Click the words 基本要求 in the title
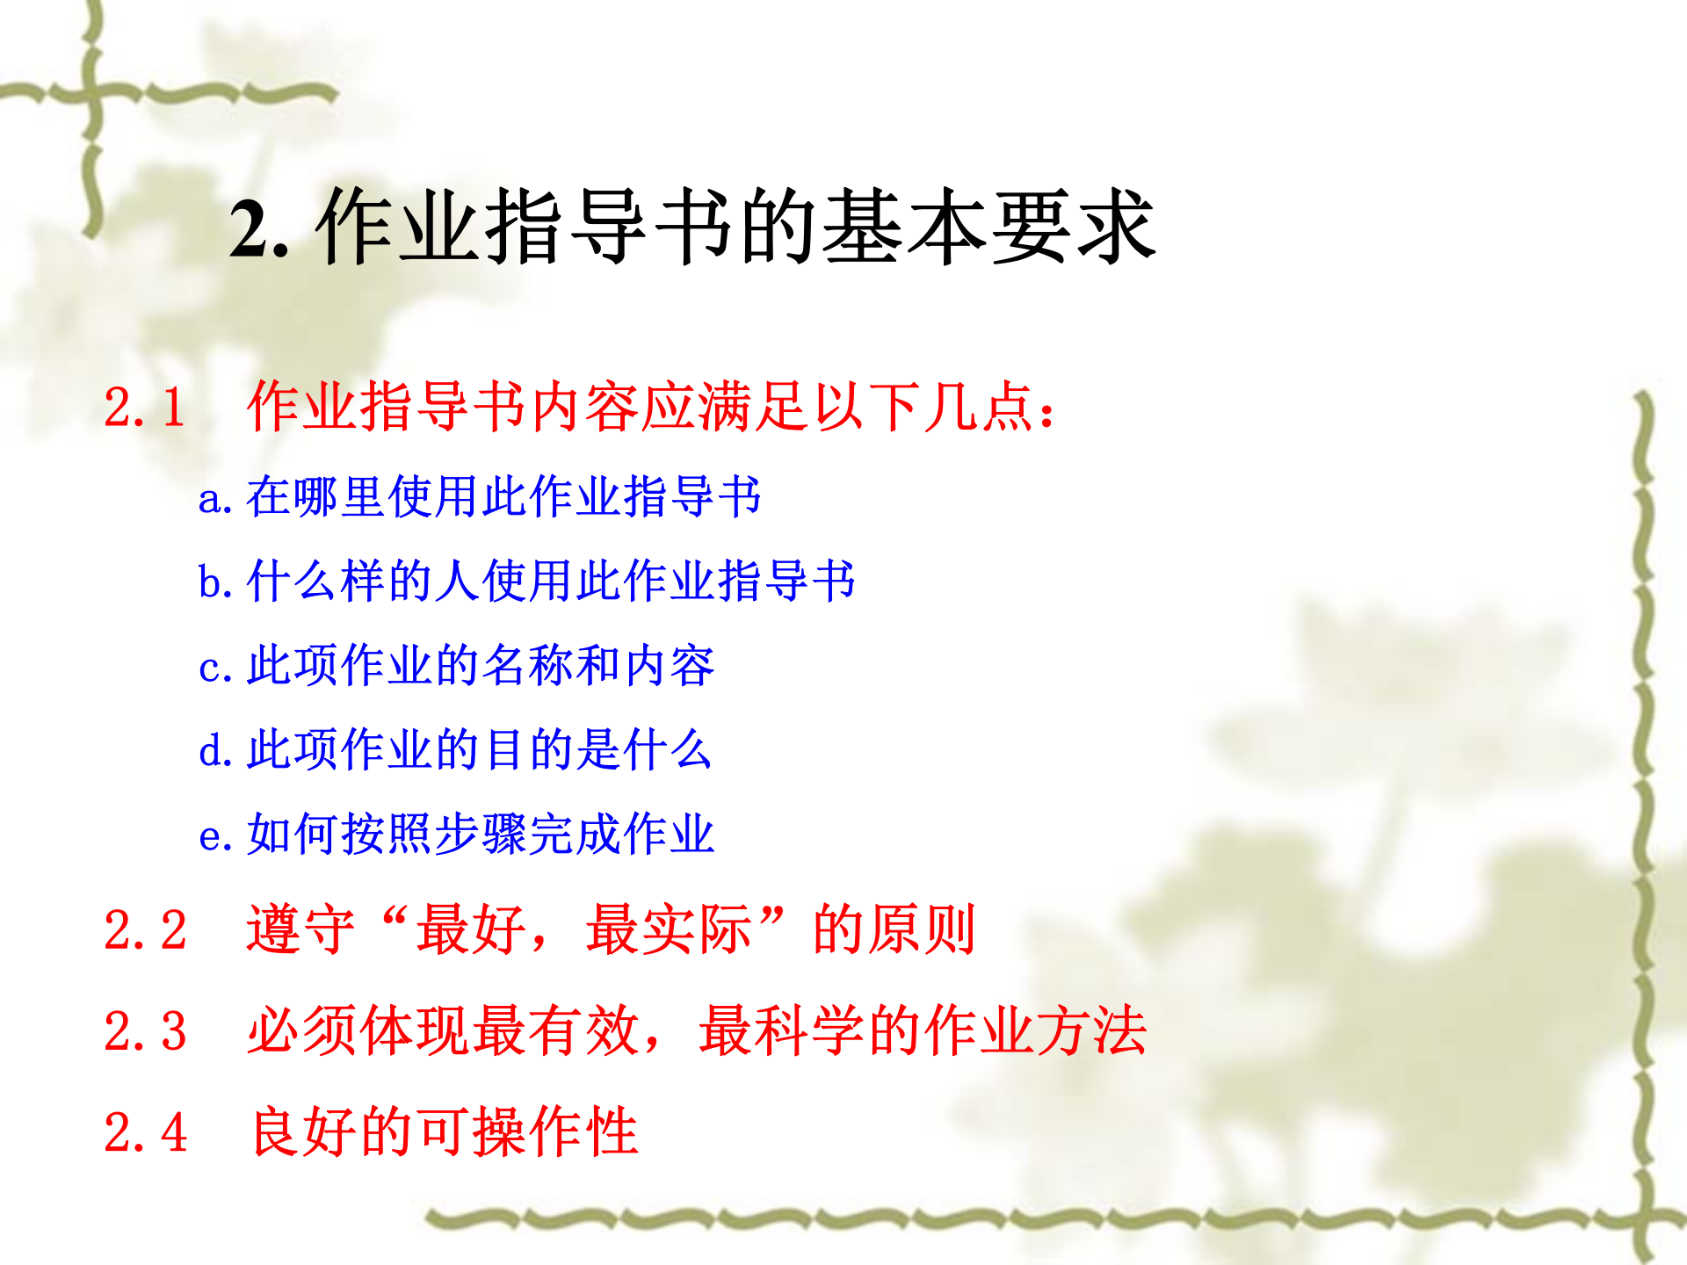click(x=988, y=228)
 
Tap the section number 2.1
click(x=145, y=408)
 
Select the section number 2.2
click(x=145, y=930)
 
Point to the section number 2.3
click(x=145, y=1031)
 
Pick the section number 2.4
click(x=145, y=1132)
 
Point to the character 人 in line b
click(x=458, y=582)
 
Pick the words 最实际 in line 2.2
click(x=669, y=930)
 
